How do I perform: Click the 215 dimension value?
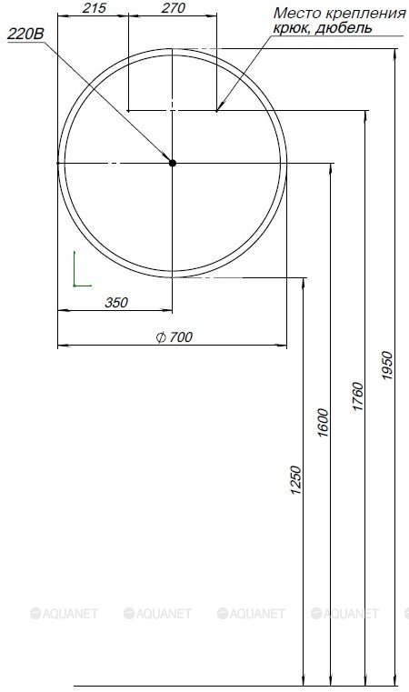pyautogui.click(x=95, y=8)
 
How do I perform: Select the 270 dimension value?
pyautogui.click(x=173, y=8)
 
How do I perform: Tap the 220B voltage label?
pyautogui.click(x=26, y=34)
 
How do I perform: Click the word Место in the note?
pyautogui.click(x=297, y=14)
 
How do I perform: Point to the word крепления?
pyautogui.click(x=365, y=15)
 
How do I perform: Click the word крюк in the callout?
pyautogui.click(x=288, y=29)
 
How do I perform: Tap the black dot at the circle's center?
pyautogui.click(x=172, y=163)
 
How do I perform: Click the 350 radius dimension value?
pyautogui.click(x=116, y=303)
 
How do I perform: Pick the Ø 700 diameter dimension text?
pyautogui.click(x=175, y=337)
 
